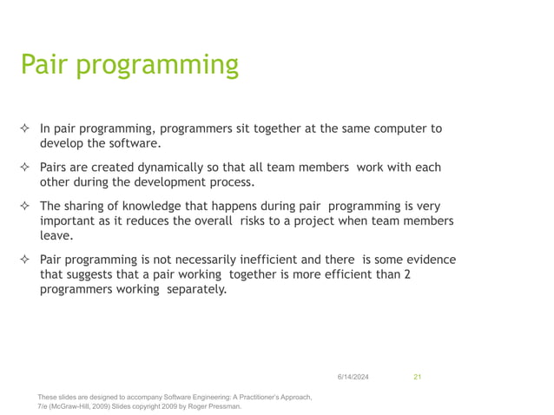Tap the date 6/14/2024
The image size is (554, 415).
point(352,376)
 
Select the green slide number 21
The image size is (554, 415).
point(417,376)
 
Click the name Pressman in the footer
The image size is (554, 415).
point(223,405)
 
